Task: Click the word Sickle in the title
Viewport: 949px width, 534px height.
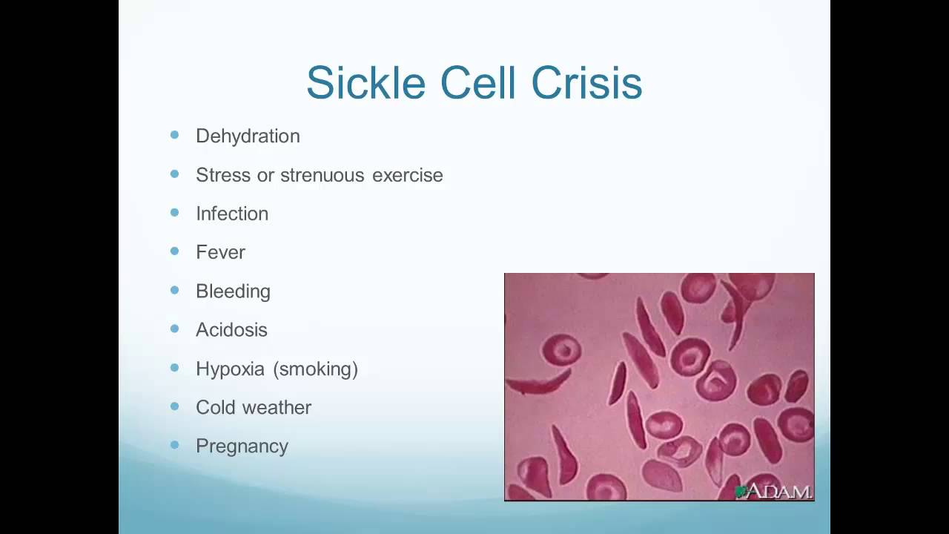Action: (x=366, y=82)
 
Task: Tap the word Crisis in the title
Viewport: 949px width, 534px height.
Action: (x=586, y=82)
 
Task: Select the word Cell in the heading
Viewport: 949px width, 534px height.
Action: (x=478, y=82)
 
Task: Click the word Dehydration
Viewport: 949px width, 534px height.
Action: (x=248, y=136)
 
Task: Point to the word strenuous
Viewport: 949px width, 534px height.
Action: (x=322, y=175)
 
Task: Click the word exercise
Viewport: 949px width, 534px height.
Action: (x=408, y=176)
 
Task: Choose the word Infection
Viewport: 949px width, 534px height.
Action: (x=232, y=214)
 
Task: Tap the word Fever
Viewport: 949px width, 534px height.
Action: (x=220, y=253)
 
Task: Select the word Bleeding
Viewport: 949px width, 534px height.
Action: (x=233, y=291)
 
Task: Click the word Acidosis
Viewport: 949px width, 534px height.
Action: (x=231, y=330)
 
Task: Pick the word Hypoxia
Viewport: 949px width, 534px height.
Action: (x=230, y=369)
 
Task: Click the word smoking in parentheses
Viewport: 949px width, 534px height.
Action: (x=316, y=369)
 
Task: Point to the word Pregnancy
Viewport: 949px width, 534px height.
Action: (x=242, y=446)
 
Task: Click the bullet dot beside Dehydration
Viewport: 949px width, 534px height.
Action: (x=174, y=135)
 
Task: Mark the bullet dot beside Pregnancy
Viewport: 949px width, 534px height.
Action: (x=174, y=444)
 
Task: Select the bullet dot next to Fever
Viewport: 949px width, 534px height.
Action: (x=174, y=251)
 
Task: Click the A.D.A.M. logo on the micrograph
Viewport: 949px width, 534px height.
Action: (x=773, y=492)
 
